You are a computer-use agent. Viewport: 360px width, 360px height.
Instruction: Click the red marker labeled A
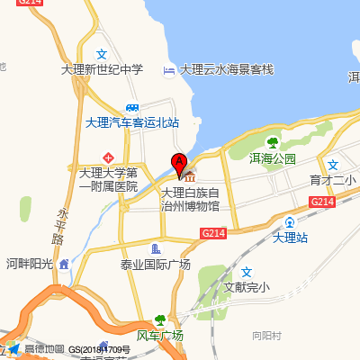pos(179,165)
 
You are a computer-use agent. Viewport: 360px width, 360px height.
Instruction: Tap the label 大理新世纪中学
pos(102,69)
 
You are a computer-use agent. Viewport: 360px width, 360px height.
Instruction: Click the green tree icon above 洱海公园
pos(272,141)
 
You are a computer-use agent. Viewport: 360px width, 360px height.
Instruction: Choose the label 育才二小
pos(332,180)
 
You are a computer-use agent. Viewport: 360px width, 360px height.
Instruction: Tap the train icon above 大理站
pos(290,221)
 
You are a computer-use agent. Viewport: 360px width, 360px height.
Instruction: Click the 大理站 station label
pos(290,237)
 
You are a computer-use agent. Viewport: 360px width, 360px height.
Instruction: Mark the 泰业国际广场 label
pos(156,264)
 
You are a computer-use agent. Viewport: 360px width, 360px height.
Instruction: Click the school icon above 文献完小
pos(247,273)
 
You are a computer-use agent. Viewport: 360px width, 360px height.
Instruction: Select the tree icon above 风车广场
pos(159,320)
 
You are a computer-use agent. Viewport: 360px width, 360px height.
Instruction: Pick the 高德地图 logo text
pos(44,348)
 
